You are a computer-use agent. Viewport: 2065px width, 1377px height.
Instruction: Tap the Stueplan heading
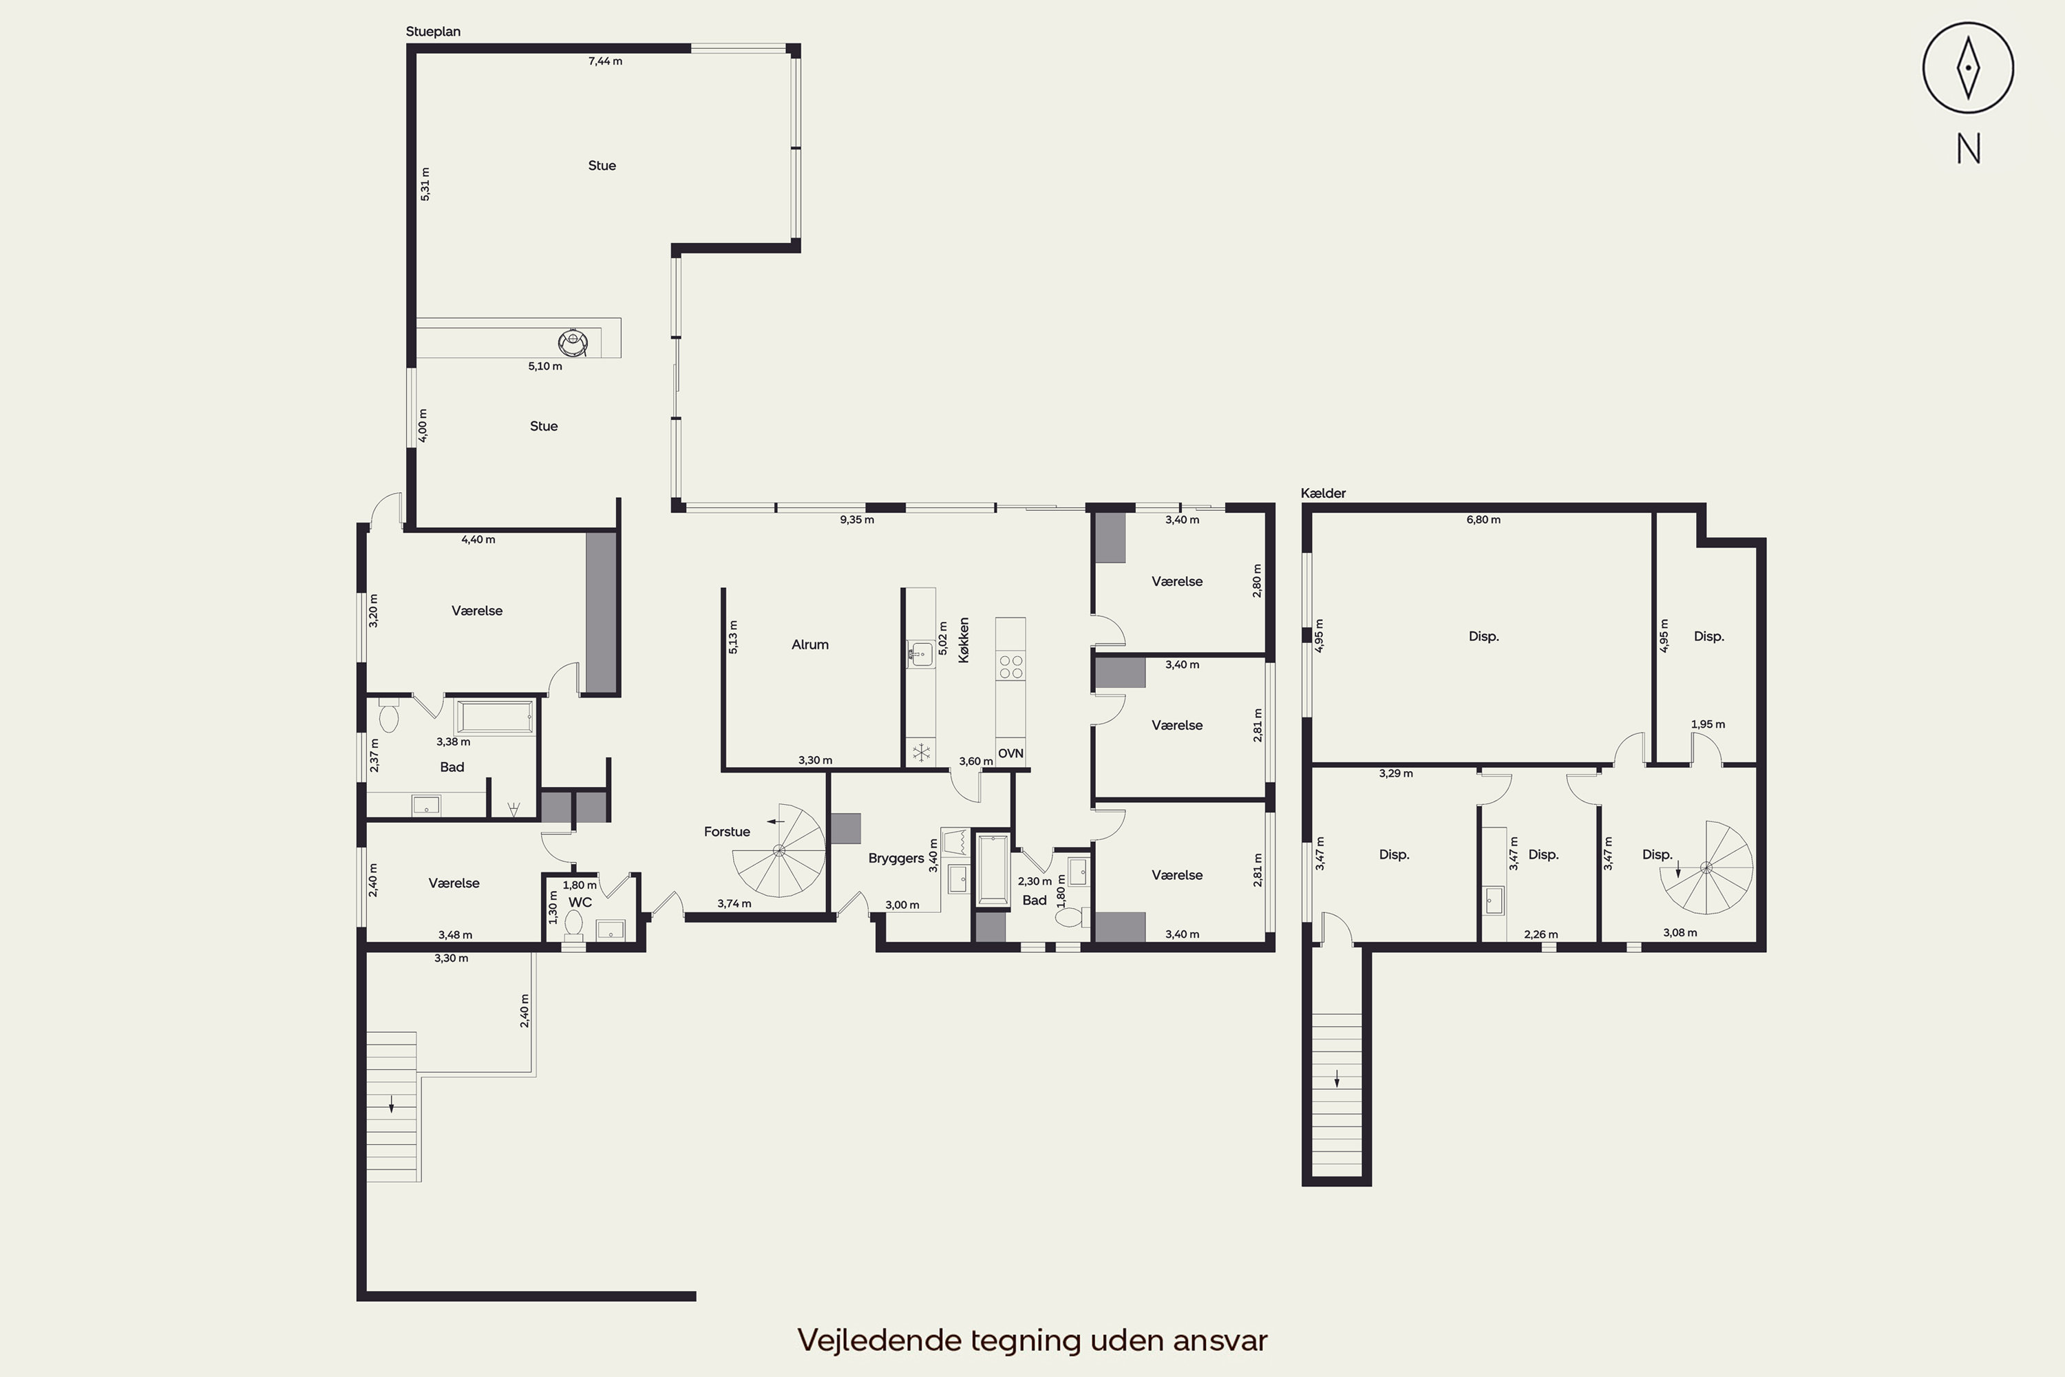[433, 32]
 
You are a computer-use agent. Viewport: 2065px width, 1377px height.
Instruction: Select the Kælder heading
[1323, 494]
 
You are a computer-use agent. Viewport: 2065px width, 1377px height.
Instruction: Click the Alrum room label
[809, 644]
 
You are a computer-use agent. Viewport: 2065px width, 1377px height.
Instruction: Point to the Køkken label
[964, 640]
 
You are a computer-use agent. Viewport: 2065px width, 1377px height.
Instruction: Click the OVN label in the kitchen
[1010, 753]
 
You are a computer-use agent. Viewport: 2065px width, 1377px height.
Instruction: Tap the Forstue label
[727, 832]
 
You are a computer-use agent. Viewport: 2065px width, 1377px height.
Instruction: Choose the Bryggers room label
[896, 858]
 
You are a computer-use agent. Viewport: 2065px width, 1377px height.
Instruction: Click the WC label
[580, 902]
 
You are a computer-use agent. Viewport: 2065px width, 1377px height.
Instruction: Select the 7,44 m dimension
[605, 61]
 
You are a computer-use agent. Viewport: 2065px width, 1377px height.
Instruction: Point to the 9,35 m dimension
[857, 520]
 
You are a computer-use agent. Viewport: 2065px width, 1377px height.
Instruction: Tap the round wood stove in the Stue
[573, 341]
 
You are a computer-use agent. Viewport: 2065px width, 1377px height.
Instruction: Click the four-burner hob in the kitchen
[1010, 667]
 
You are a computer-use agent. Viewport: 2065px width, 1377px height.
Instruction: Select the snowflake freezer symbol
[921, 753]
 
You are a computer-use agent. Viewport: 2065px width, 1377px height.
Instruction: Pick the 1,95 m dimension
[1708, 724]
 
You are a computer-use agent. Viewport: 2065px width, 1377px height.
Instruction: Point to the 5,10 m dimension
[545, 366]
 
